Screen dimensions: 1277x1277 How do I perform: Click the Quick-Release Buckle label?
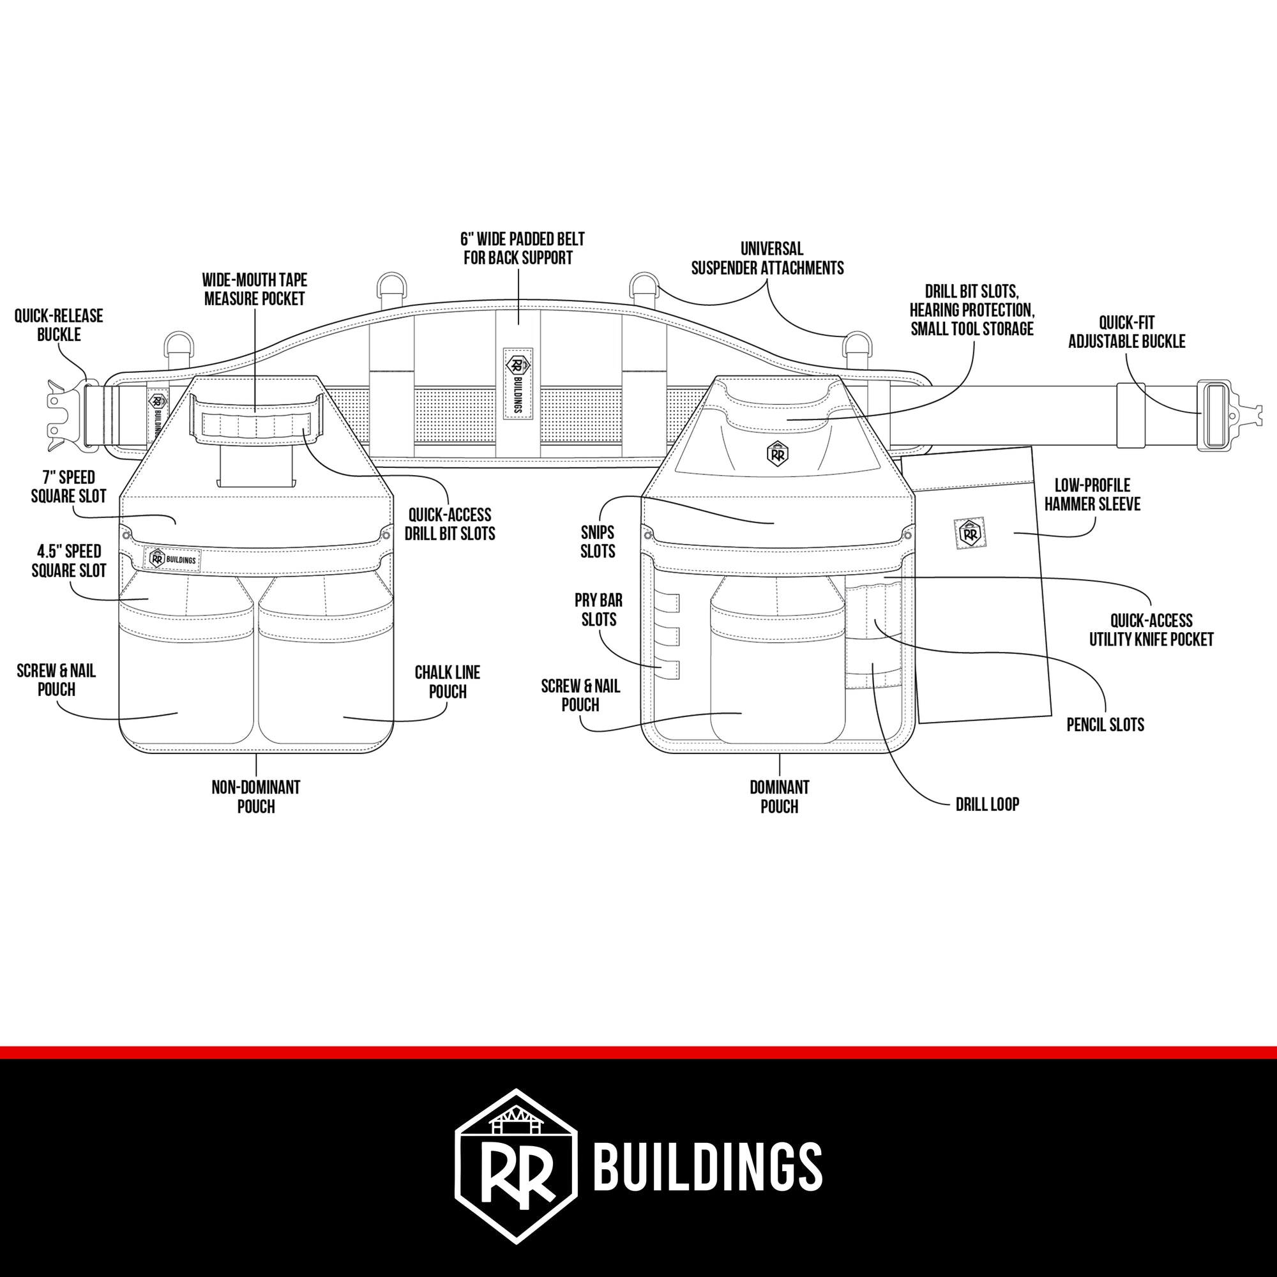pyautogui.click(x=58, y=324)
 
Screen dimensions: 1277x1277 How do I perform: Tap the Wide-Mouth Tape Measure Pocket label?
pyautogui.click(x=255, y=289)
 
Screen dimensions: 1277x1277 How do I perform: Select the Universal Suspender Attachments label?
pyautogui.click(x=767, y=259)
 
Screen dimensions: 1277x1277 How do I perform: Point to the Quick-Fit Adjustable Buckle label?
pyautogui.click(x=1126, y=333)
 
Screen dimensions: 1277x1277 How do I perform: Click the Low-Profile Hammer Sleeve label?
pyautogui.click(x=1092, y=494)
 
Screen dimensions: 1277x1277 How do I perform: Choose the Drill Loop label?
pyautogui.click(x=987, y=805)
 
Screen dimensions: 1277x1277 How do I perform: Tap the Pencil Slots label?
pyautogui.click(x=1105, y=725)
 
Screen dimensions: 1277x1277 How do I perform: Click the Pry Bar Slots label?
pyautogui.click(x=598, y=610)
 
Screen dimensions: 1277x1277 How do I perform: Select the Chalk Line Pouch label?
pyautogui.click(x=448, y=682)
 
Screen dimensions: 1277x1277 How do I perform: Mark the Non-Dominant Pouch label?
pyautogui.click(x=256, y=796)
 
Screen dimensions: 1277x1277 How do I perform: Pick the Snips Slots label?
pyautogui.click(x=598, y=541)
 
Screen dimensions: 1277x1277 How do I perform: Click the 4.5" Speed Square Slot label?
pyautogui.click(x=69, y=561)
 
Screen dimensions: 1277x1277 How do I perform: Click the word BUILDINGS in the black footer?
pyautogui.click(x=708, y=1168)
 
